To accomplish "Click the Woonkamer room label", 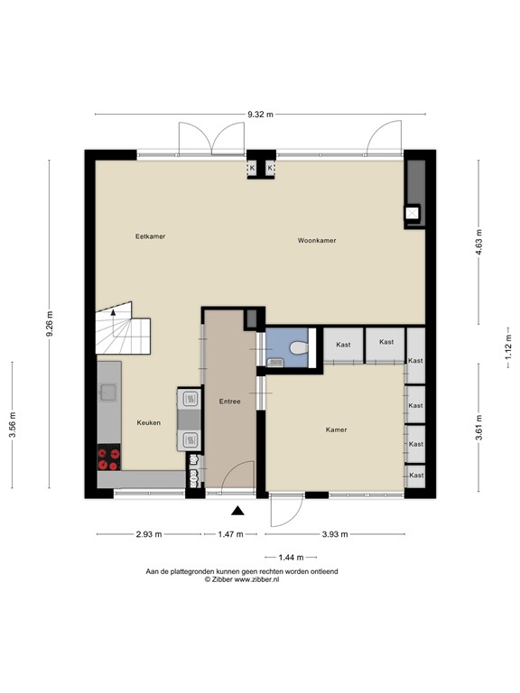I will tap(317, 241).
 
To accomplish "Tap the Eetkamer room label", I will tap(150, 236).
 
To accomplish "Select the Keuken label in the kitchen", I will tap(149, 422).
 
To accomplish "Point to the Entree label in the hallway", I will tap(230, 402).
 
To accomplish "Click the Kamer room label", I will tap(336, 430).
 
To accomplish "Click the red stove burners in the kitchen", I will tap(109, 458).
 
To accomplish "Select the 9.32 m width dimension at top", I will tap(260, 115).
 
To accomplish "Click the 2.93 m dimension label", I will tap(148, 535).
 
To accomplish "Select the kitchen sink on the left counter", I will tap(107, 392).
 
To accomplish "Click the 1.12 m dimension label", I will tap(508, 346).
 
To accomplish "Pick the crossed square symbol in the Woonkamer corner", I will tap(413, 213).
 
